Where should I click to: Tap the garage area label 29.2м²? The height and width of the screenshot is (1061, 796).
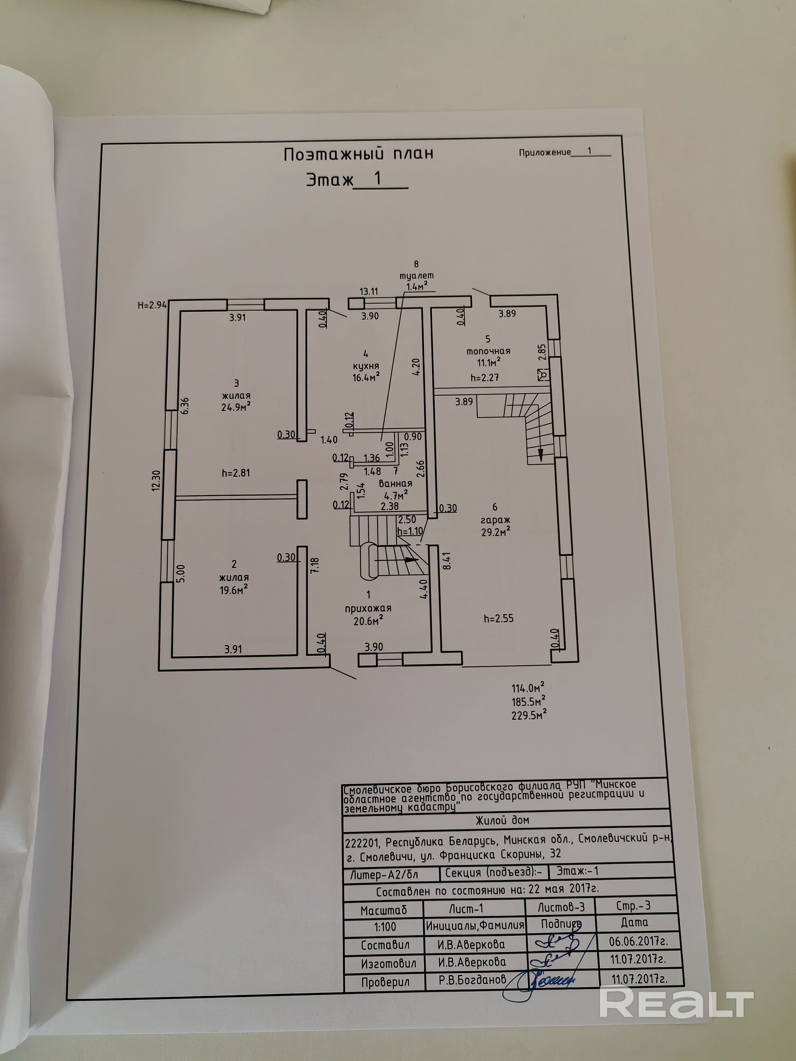pos(495,532)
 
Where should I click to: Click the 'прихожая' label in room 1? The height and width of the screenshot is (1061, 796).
pos(368,608)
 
